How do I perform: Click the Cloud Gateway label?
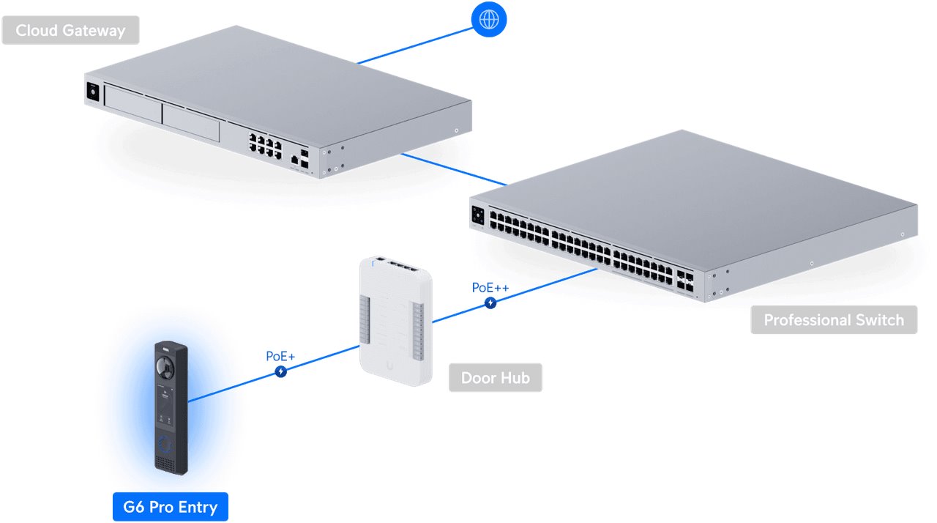pos(70,31)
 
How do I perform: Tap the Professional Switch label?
pos(834,320)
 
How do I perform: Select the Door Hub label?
pos(495,378)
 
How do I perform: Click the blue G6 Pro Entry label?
pos(170,507)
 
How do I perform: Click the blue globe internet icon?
pos(488,20)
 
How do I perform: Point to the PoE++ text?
pos(490,287)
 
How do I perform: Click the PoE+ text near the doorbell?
pos(280,357)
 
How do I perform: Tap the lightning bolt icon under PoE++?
pos(490,303)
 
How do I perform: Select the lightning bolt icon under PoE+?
pos(280,372)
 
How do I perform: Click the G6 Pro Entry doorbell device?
pos(171,407)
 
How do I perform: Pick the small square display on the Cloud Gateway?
pos(93,92)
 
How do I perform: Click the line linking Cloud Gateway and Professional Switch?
pos(454,169)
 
